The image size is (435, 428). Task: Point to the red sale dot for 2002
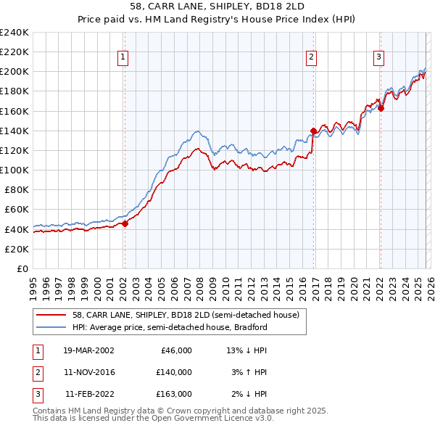[x=124, y=223]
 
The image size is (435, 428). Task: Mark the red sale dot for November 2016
[x=313, y=131]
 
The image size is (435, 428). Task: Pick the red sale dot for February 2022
[x=381, y=109]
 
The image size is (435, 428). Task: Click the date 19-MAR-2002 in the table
[x=88, y=350]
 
